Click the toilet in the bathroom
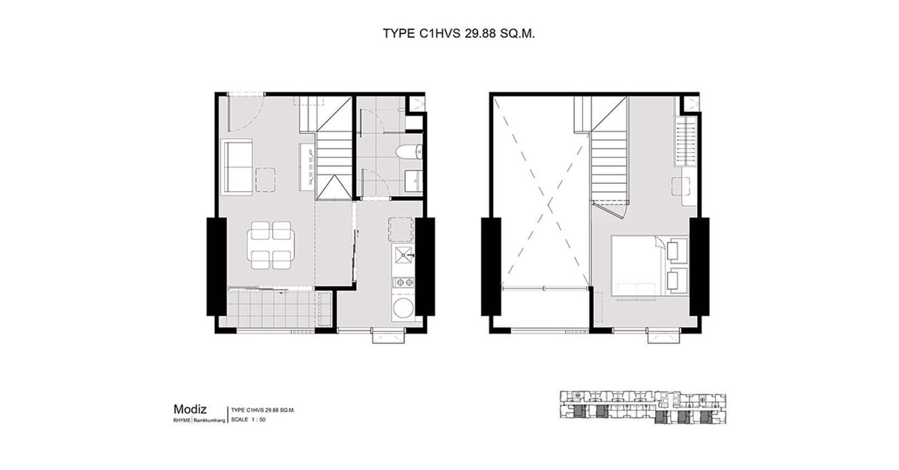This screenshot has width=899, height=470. pos(409,153)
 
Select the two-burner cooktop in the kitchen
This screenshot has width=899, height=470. pos(403,283)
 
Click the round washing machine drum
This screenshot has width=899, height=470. pos(403,308)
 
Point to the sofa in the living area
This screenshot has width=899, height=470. pos(237,167)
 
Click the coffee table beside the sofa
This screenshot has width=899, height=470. pos(266,179)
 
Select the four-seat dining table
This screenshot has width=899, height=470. pos(270,245)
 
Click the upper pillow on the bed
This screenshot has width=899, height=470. pos(677,248)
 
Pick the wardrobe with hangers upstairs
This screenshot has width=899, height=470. pos(686,141)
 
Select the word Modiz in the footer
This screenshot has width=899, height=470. pos(190,409)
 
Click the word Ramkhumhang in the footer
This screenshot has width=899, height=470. pos(209,421)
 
